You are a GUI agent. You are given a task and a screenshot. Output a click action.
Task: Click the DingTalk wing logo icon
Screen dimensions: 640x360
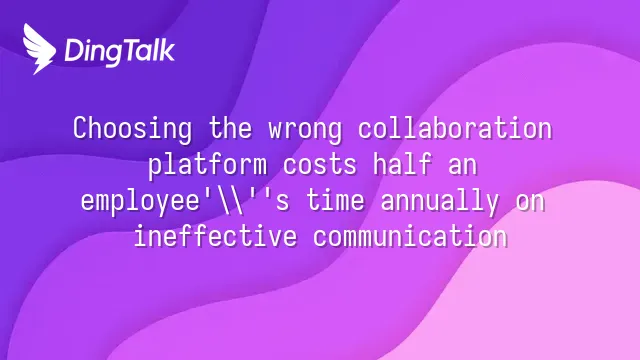39,49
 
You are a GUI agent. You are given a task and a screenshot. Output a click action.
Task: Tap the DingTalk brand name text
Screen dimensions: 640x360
120,51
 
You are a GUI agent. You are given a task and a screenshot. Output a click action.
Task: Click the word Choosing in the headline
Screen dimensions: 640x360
133,129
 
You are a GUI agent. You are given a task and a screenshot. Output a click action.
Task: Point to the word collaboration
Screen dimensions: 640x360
455,128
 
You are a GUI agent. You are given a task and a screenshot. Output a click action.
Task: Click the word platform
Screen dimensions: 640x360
207,165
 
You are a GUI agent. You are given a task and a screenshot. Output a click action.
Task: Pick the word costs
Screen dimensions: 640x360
320,165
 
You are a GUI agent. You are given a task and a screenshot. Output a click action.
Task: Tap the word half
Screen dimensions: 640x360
402,164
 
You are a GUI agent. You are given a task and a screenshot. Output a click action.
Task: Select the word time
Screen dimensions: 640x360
335,200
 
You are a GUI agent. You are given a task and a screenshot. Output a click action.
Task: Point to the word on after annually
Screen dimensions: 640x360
530,203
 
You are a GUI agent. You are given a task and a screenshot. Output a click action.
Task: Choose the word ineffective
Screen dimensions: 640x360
216,236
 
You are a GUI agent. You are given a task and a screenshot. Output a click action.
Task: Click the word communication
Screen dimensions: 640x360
410,237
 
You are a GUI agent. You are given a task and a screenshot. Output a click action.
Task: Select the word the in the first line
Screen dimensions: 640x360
231,128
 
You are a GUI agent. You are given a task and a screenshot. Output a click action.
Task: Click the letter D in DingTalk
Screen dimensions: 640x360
73,51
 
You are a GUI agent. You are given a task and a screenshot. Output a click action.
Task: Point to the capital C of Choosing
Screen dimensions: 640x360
80,128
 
